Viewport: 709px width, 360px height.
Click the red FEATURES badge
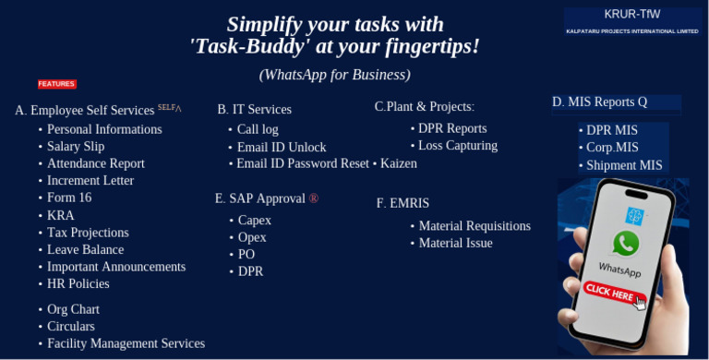pyautogui.click(x=56, y=84)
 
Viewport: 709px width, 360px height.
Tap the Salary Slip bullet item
pyautogui.click(x=76, y=147)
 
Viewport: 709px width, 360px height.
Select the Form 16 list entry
pyautogui.click(x=69, y=198)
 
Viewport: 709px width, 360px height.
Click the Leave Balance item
pyautogui.click(x=85, y=249)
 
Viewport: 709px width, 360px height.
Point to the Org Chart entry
pyautogui.click(x=73, y=309)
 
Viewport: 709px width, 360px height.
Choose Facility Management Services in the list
pyautogui.click(x=126, y=343)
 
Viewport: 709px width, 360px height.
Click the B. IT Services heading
pyautogui.click(x=254, y=110)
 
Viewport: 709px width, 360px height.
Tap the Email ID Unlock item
pyautogui.click(x=282, y=147)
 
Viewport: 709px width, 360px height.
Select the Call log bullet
pyautogui.click(x=258, y=129)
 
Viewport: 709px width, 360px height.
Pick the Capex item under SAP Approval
pyautogui.click(x=255, y=221)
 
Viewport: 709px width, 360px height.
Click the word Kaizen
pyautogui.click(x=398, y=163)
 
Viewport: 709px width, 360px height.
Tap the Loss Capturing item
pyautogui.click(x=458, y=146)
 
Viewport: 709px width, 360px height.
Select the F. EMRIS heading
pyautogui.click(x=403, y=203)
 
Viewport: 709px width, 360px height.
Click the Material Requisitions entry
pyautogui.click(x=475, y=226)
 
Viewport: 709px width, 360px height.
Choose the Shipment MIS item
pyautogui.click(x=624, y=165)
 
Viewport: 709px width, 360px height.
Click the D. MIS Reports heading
pyautogui.click(x=600, y=102)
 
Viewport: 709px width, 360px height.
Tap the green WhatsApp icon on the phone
pyautogui.click(x=625, y=244)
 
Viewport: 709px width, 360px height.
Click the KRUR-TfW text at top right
pyautogui.click(x=632, y=14)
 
